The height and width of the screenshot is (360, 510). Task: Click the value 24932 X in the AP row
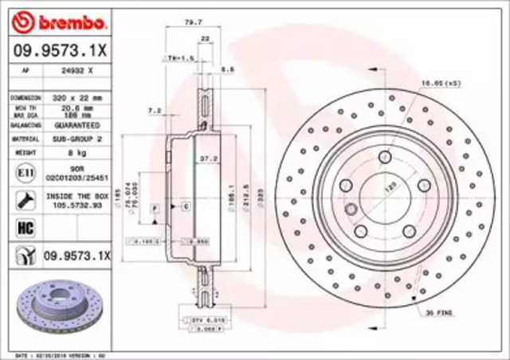[76, 69]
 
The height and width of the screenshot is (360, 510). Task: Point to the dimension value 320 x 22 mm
[76, 96]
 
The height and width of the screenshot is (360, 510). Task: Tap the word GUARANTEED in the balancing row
[76, 125]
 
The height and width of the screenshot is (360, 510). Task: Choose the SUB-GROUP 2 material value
[76, 139]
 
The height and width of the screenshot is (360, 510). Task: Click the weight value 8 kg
[76, 152]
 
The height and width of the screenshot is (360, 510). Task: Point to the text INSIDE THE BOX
[76, 194]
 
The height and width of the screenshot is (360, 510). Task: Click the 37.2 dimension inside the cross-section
[206, 158]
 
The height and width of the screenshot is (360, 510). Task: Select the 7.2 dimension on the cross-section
[155, 111]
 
